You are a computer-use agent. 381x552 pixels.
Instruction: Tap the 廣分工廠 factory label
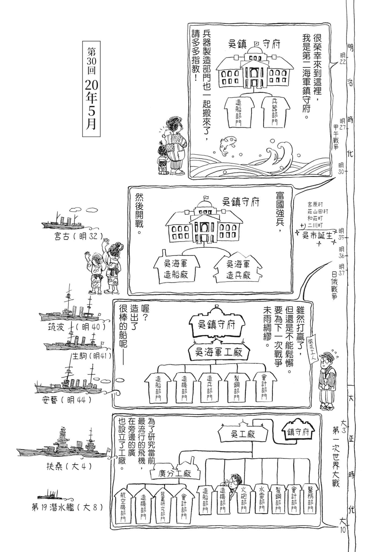pos(175,474)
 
